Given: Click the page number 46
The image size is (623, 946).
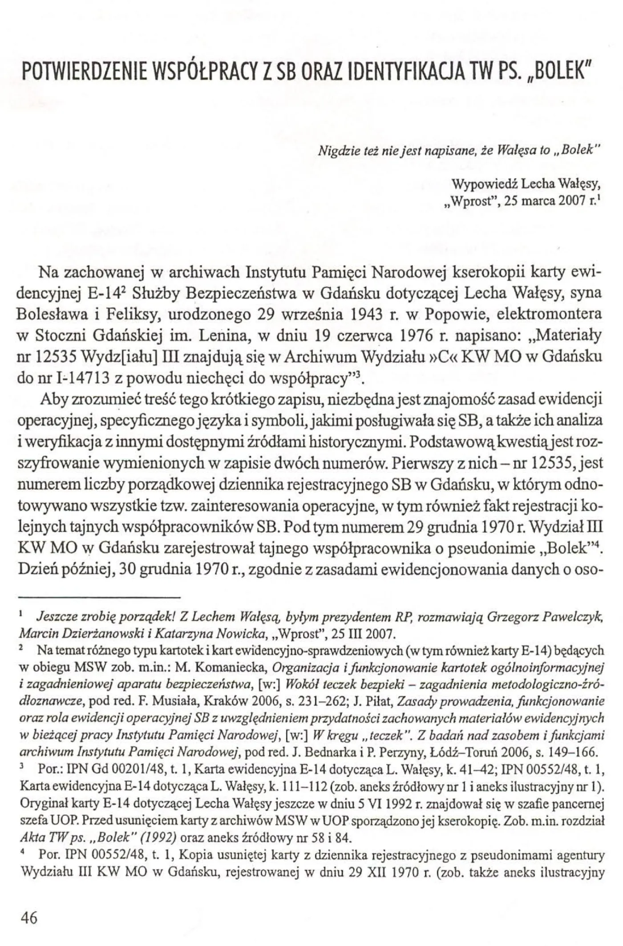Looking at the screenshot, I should (27, 917).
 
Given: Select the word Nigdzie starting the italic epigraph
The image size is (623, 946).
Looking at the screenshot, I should (333, 151).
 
